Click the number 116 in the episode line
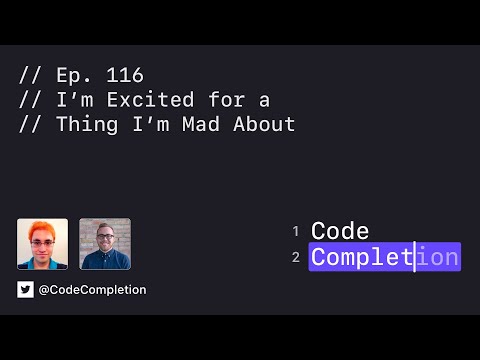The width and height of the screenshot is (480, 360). (x=127, y=75)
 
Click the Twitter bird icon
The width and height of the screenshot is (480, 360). (x=25, y=289)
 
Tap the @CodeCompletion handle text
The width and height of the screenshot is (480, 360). (x=93, y=289)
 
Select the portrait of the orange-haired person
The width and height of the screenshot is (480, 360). (x=42, y=244)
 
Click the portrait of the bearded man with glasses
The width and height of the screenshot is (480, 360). (x=105, y=244)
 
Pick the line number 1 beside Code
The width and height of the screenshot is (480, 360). (x=296, y=231)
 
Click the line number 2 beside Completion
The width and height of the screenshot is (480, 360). (x=296, y=258)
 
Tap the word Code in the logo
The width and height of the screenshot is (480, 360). (x=340, y=231)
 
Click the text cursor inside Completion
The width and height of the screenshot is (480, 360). (x=414, y=257)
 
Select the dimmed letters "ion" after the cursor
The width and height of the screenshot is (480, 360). (x=437, y=257)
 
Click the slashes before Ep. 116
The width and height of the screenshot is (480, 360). (x=28, y=75)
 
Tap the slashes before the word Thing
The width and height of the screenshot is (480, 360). (x=28, y=125)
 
